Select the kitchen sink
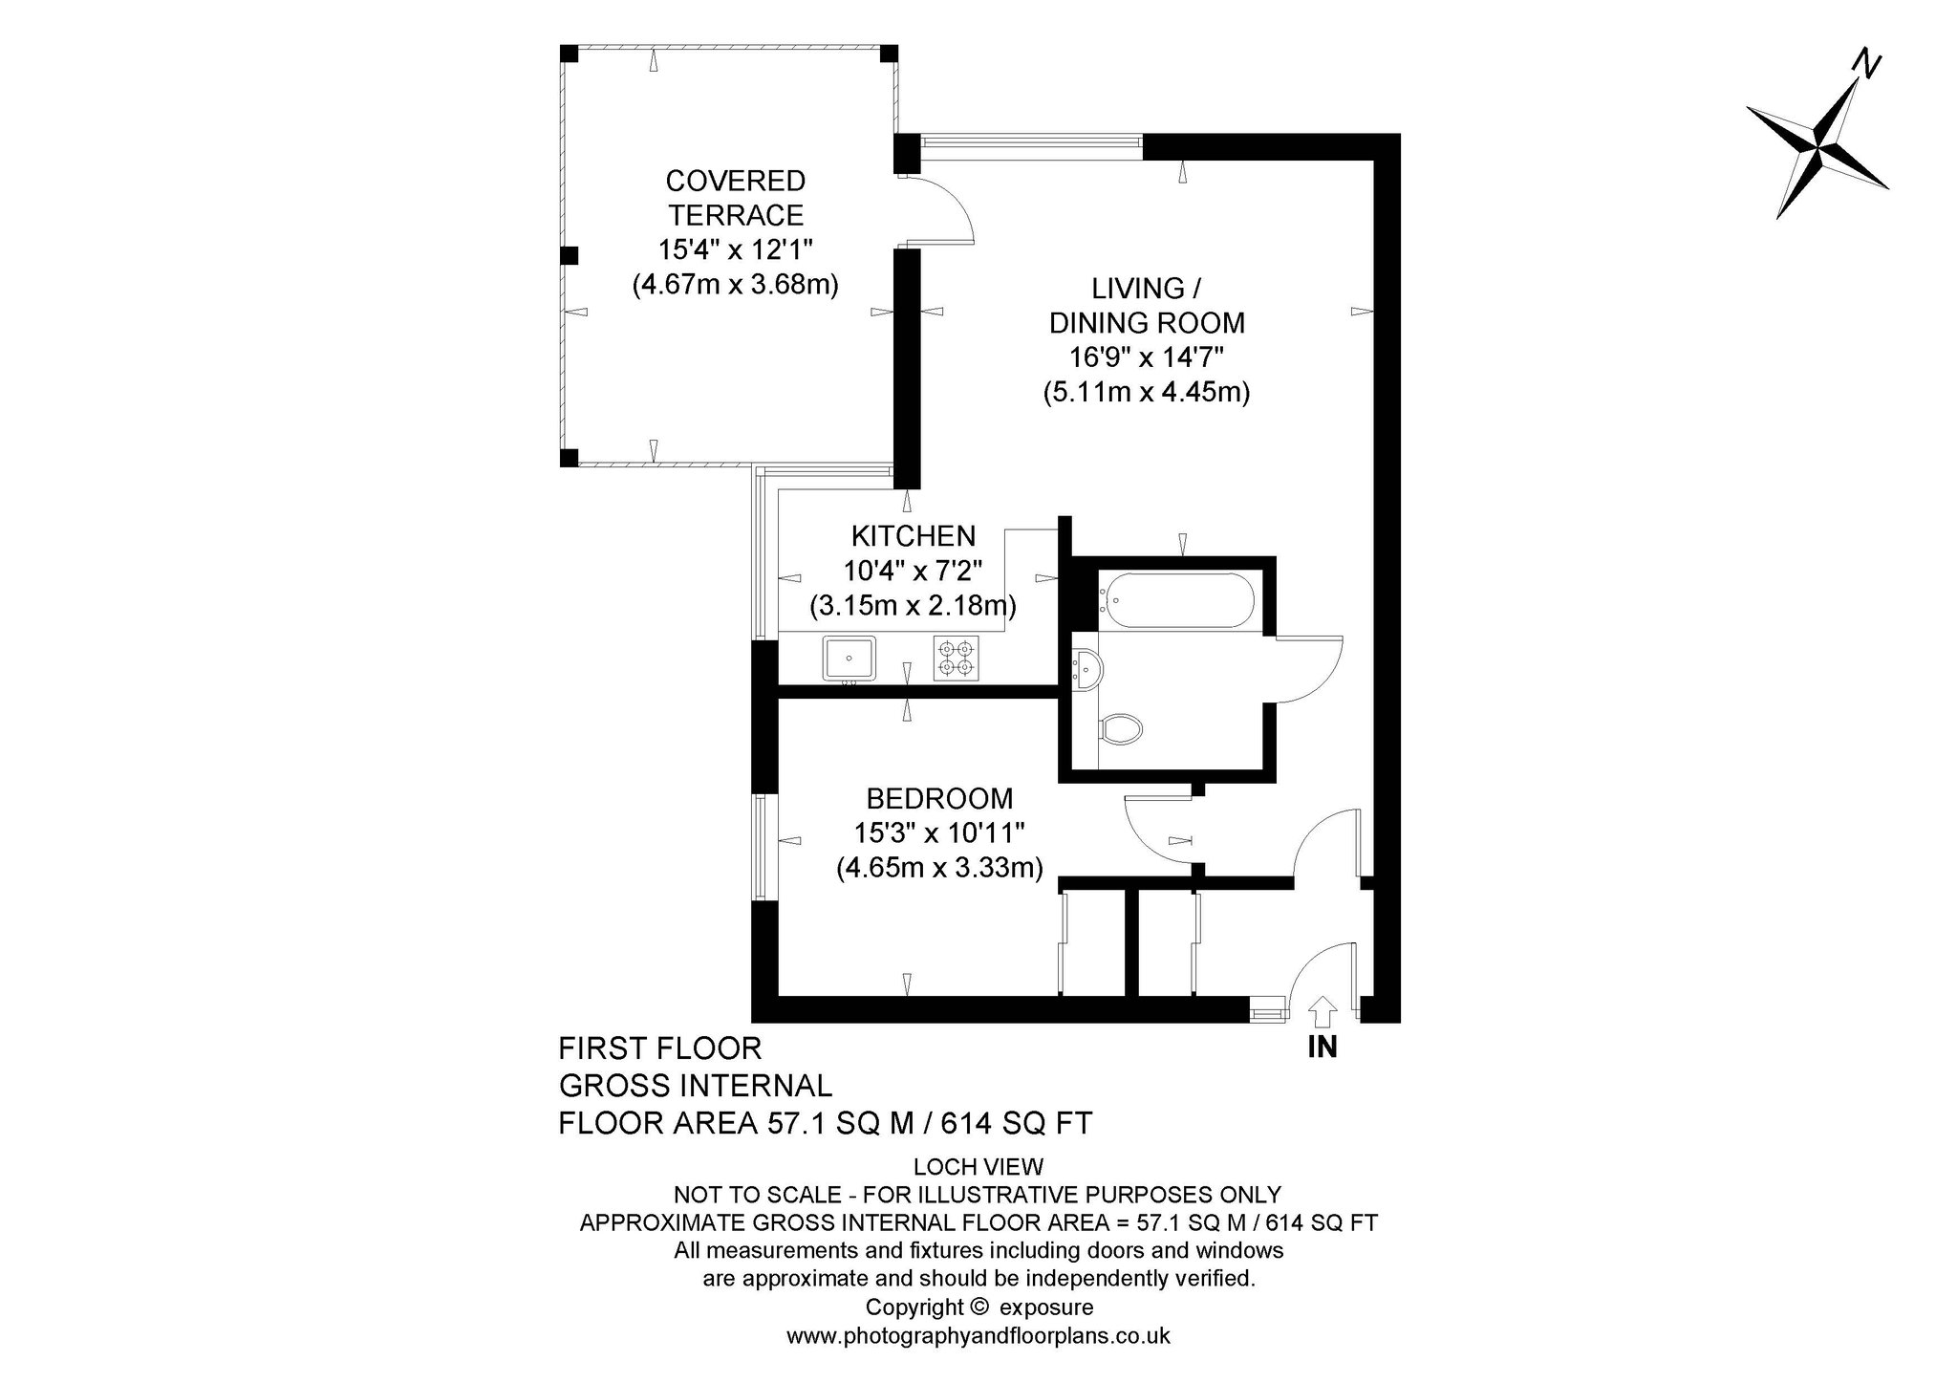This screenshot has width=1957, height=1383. [849, 658]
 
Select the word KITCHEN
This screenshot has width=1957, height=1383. [914, 535]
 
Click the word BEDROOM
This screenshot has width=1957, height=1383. [939, 798]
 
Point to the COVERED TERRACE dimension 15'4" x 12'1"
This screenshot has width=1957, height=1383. [735, 249]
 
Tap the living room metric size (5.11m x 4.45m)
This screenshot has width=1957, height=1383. [1147, 393]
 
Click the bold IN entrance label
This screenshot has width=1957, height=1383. [1323, 1048]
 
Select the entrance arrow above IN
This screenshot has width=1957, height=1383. [1322, 1011]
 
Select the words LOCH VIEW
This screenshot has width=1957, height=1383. [978, 1166]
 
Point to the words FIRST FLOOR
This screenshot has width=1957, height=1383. [660, 1048]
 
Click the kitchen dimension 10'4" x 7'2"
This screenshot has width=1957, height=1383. [913, 571]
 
